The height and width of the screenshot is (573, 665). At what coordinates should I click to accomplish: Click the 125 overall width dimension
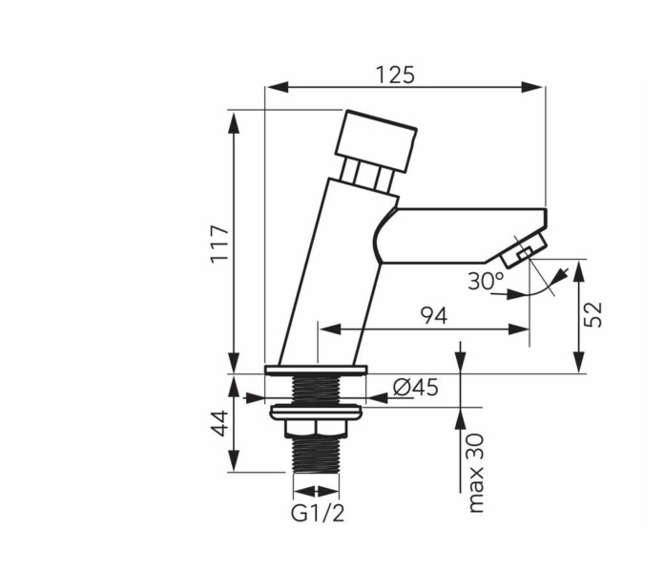point(395,75)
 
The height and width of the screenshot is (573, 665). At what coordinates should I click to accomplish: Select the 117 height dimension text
point(220,244)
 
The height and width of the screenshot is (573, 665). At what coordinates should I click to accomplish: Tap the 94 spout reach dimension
point(433,316)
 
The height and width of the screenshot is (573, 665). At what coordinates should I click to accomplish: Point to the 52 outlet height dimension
point(592,314)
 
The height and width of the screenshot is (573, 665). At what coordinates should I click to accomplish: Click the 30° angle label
point(486,281)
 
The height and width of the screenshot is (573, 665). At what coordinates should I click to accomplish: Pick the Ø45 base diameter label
point(416,387)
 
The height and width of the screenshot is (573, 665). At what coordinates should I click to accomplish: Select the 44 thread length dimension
point(220,423)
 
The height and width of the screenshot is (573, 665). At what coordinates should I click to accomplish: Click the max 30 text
point(475,473)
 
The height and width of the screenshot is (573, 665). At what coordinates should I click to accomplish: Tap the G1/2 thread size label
point(318,514)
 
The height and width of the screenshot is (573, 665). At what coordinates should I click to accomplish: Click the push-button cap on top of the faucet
point(376,141)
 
